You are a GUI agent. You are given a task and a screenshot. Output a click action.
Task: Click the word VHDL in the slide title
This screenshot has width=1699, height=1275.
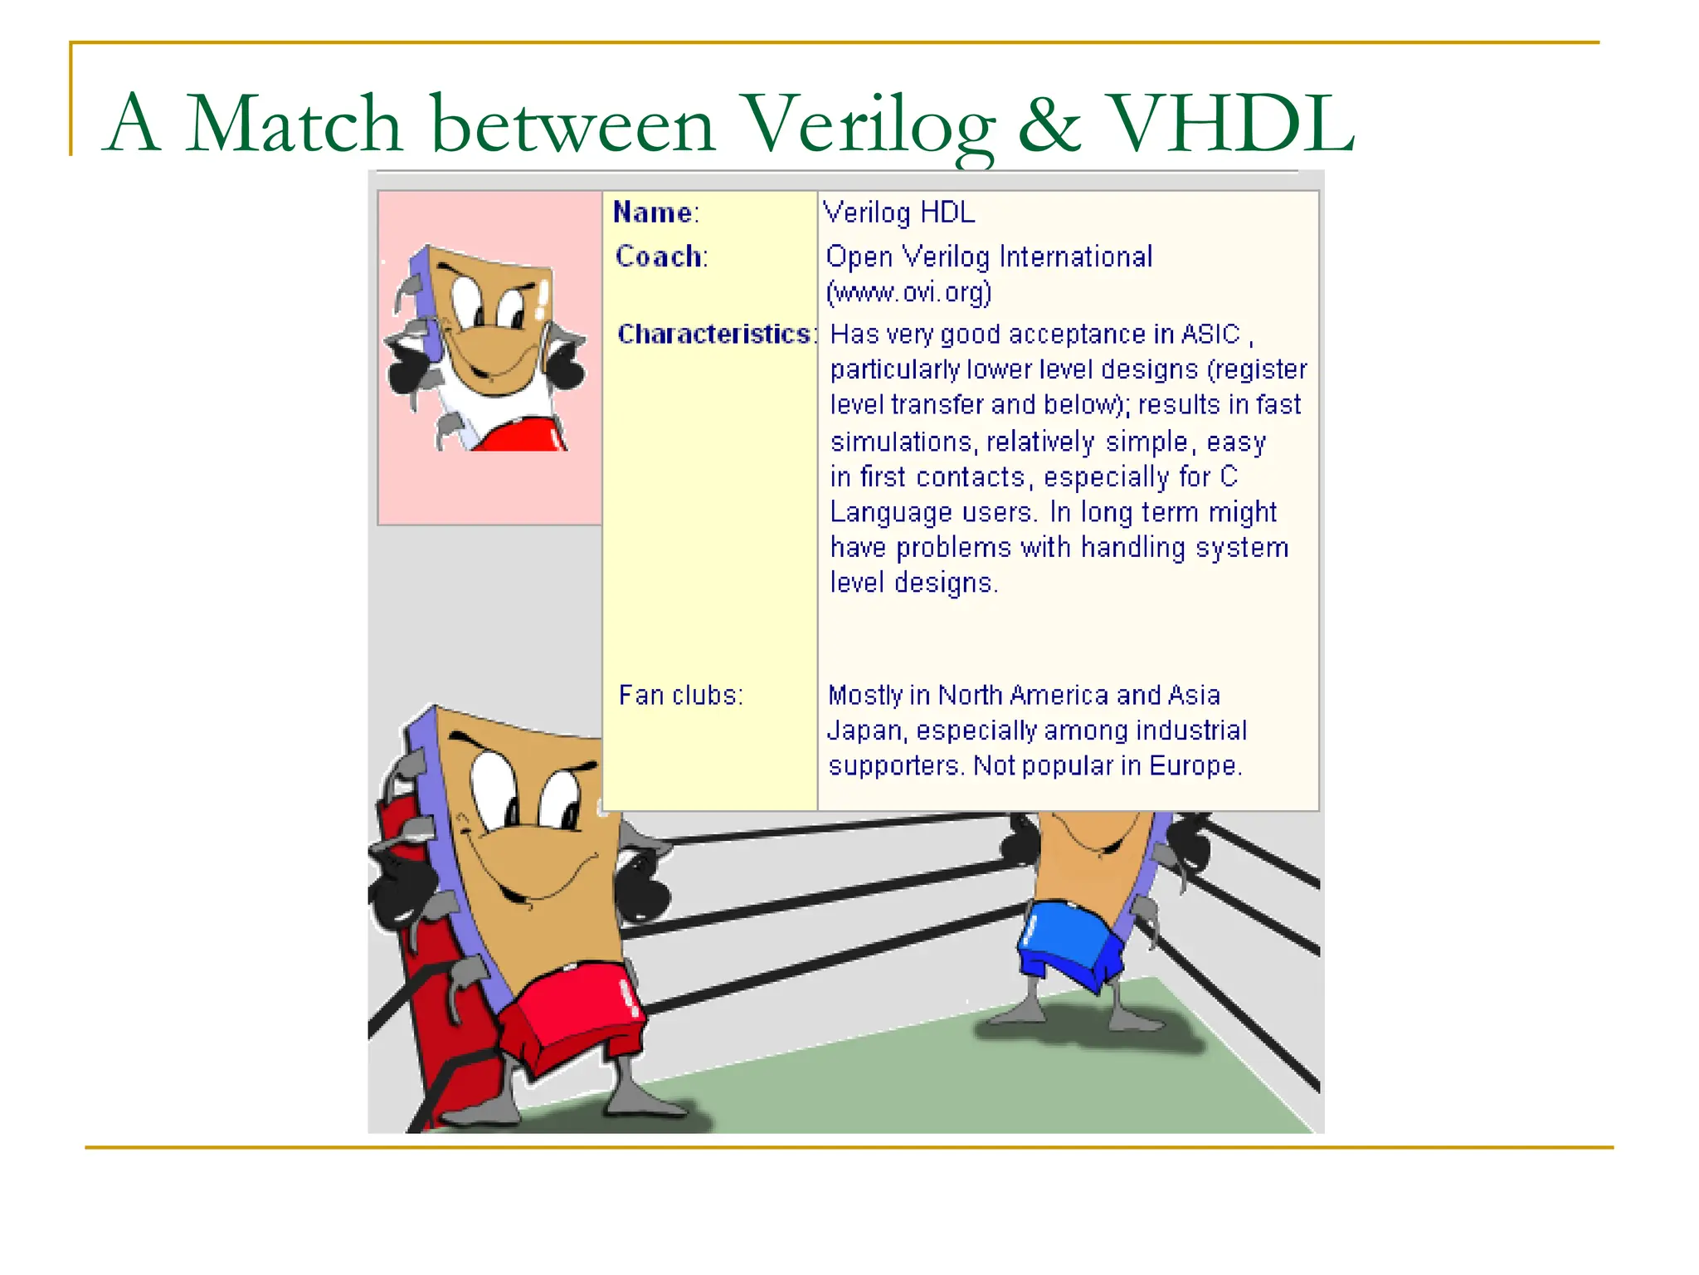tap(1231, 125)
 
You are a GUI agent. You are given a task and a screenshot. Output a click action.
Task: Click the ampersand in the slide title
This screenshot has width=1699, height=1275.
tap(1049, 125)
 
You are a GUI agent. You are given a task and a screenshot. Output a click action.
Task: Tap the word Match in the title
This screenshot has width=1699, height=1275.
tap(294, 125)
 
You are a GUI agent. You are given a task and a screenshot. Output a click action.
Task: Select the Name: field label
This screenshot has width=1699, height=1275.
tap(655, 213)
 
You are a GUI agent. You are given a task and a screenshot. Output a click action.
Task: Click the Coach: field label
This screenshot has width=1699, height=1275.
tap(661, 256)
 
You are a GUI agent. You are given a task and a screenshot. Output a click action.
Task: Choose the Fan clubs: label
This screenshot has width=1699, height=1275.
tap(680, 695)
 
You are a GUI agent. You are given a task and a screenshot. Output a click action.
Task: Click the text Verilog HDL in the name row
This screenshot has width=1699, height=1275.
tap(898, 213)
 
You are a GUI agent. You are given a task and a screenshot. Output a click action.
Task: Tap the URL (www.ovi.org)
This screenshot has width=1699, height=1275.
tap(908, 292)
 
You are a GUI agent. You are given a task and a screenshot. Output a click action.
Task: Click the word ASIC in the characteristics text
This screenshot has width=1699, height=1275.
tap(1210, 334)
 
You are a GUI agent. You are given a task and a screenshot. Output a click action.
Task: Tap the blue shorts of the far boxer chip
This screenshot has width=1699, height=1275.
tap(1069, 942)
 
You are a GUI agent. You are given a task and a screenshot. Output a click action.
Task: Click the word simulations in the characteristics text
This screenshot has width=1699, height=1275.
tap(904, 442)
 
